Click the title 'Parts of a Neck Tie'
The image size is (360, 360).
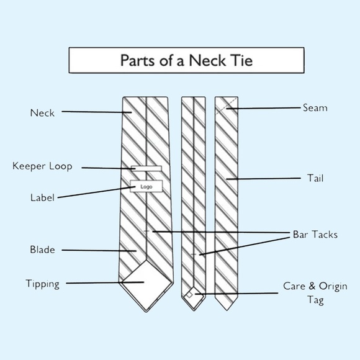click(x=186, y=61)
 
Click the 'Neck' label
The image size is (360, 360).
click(x=42, y=113)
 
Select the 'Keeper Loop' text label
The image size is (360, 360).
click(x=42, y=166)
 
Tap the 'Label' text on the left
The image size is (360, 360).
click(x=42, y=198)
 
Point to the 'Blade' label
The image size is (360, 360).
click(x=42, y=250)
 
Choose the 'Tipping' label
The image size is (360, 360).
click(x=42, y=284)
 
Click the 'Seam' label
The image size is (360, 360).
click(x=315, y=108)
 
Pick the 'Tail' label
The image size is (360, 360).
click(x=315, y=179)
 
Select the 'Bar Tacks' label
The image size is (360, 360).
click(x=315, y=235)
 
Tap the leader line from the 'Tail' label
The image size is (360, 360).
click(x=267, y=179)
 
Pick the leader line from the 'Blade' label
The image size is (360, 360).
click(x=99, y=250)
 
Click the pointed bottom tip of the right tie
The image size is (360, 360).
click(x=227, y=309)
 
